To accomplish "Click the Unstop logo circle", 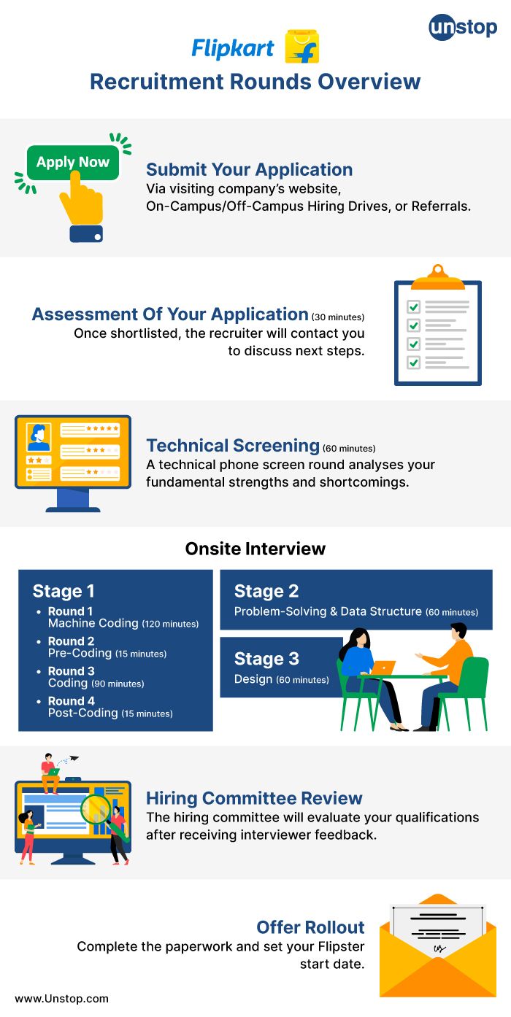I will [x=442, y=28].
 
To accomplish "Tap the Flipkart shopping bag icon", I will [x=301, y=47].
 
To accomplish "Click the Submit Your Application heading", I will [x=249, y=170].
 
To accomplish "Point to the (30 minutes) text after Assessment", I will [x=338, y=317].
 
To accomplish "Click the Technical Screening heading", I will [x=233, y=446].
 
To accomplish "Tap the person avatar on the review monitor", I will [x=39, y=438].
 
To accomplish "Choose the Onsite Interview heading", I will [x=255, y=549].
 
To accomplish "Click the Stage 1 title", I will [x=64, y=591].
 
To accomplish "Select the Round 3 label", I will [x=72, y=671].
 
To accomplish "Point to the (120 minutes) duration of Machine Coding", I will [x=170, y=624].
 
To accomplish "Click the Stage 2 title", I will [x=266, y=591].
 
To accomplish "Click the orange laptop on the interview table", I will [x=383, y=667].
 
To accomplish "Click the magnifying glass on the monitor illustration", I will [x=96, y=808].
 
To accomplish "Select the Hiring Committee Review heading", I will [x=254, y=798].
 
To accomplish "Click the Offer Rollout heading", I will [x=310, y=927].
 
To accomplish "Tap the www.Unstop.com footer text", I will [x=61, y=999].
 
